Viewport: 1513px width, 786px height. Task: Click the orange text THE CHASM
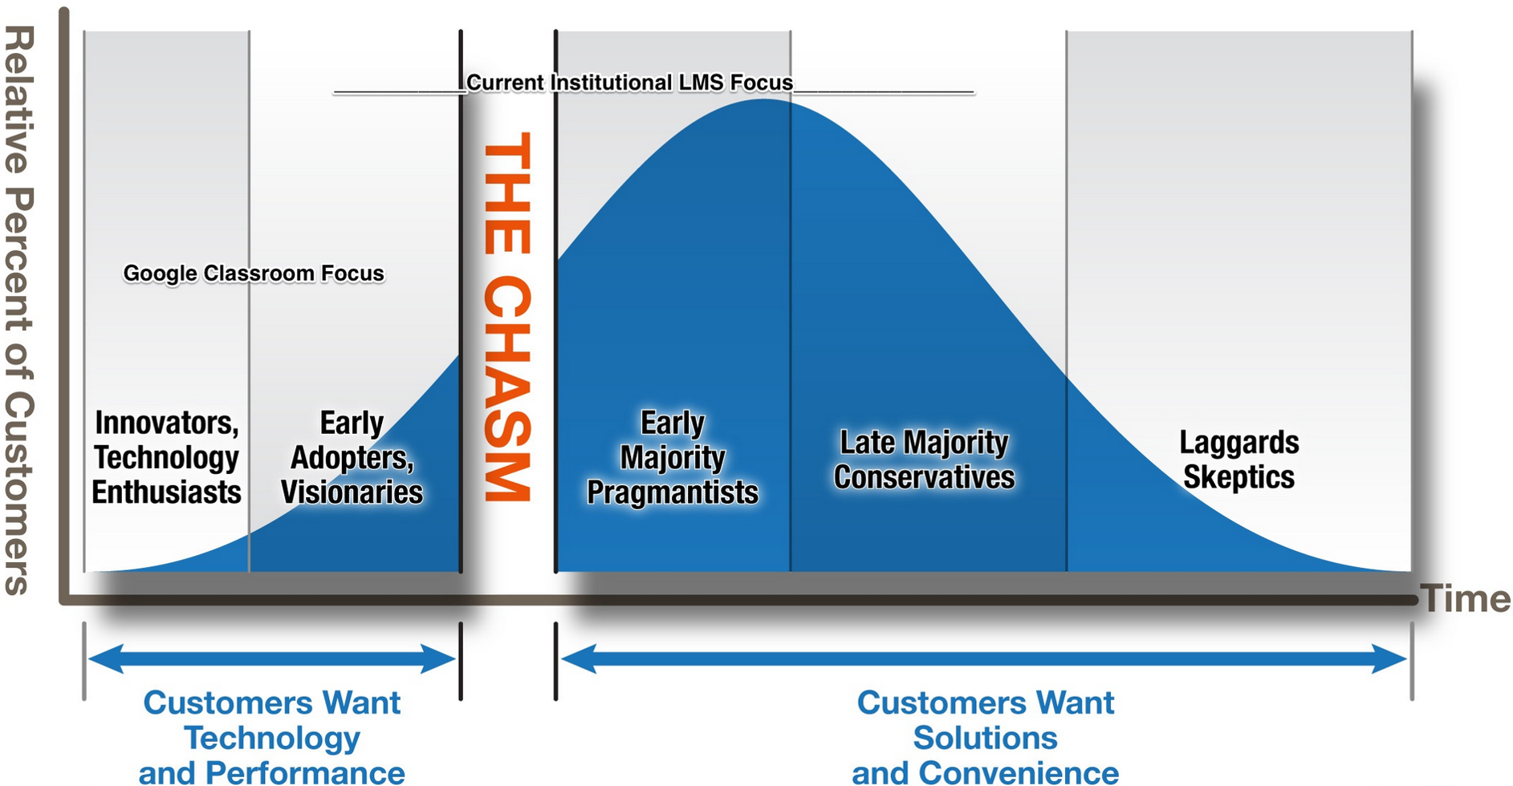click(507, 318)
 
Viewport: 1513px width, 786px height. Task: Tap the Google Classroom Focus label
click(254, 273)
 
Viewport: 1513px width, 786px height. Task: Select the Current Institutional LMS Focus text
click(630, 83)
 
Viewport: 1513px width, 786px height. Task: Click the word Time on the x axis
click(1466, 599)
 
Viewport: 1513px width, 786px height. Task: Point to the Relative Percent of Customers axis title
click(19, 310)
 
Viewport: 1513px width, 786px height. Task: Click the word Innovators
click(167, 423)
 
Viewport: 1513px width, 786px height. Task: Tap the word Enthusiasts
click(166, 492)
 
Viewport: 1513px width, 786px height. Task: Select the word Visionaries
click(352, 492)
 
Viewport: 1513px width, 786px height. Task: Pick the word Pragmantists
click(673, 492)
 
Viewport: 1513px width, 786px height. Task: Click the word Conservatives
click(924, 477)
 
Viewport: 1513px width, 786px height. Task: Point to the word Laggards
click(1239, 443)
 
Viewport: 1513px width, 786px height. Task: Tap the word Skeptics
click(1239, 477)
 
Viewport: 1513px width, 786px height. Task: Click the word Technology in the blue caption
click(272, 738)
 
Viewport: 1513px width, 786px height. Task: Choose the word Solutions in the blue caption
click(986, 738)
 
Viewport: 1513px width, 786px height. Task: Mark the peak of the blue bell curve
click(764, 99)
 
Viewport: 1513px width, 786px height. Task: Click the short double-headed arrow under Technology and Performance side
click(272, 659)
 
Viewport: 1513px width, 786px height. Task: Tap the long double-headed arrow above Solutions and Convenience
click(984, 659)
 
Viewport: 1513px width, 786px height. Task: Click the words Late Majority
click(924, 443)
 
